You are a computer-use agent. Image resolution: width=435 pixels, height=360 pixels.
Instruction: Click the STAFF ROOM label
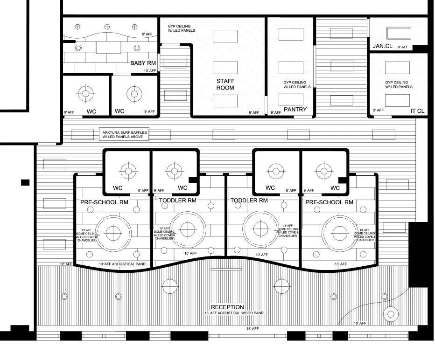click(225, 84)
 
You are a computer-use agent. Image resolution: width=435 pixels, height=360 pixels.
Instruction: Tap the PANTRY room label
click(295, 110)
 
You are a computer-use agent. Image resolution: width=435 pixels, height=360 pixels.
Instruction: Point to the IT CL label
click(417, 111)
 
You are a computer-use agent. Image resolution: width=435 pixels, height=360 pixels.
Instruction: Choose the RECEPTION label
click(227, 307)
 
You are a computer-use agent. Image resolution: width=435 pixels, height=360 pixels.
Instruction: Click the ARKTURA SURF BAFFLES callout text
click(125, 135)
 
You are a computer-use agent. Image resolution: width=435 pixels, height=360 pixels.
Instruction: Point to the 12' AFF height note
click(66, 264)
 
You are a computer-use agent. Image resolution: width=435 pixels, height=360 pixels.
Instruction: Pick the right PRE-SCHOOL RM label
click(329, 202)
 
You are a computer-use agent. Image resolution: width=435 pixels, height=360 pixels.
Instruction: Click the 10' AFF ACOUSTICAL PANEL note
click(123, 264)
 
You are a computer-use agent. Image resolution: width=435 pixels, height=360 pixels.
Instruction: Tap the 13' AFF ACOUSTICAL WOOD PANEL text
click(235, 313)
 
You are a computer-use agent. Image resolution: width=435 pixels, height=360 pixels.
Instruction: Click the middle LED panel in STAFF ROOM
click(225, 67)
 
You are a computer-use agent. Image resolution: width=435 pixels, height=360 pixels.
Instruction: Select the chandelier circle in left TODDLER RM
click(188, 228)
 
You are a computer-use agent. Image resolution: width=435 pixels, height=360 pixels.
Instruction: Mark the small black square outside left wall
click(25, 182)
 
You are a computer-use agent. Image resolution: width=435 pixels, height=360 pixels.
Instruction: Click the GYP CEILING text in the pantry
click(297, 84)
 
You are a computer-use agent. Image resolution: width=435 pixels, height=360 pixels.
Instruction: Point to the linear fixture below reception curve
click(226, 270)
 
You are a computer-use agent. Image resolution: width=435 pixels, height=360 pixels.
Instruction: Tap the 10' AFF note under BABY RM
click(149, 71)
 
